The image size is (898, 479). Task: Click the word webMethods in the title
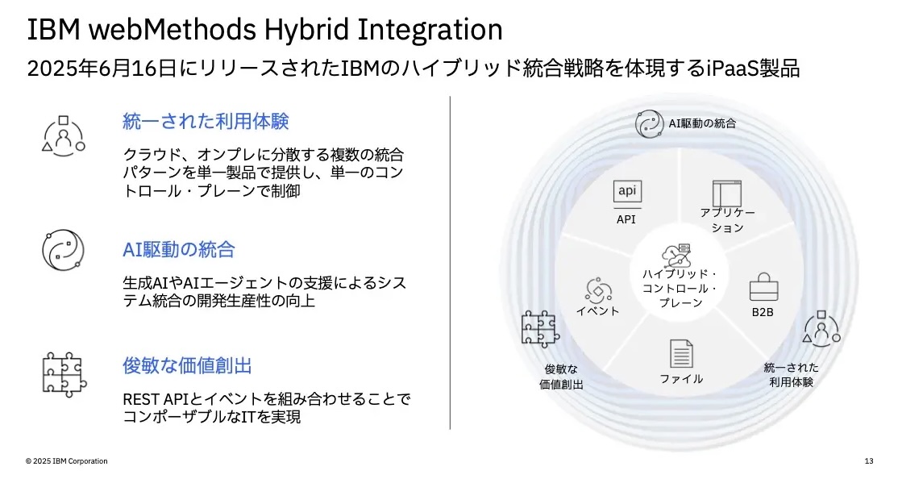coord(172,29)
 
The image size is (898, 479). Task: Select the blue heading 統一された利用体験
coord(206,122)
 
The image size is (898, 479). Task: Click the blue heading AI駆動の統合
coord(179,250)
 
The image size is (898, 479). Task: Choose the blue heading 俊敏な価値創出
coord(187,365)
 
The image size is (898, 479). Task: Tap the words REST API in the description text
coord(153,399)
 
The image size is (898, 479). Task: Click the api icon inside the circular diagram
coord(627,191)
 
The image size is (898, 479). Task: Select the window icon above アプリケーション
coord(727,193)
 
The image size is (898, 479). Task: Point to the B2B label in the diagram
coord(763,312)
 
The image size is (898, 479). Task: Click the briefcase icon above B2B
coord(763,286)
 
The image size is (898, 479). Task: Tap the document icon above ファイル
coord(681,353)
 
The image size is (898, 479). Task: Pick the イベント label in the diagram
coord(597,311)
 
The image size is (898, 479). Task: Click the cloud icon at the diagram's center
coord(676,255)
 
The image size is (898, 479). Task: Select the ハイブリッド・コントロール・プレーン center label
coord(680,288)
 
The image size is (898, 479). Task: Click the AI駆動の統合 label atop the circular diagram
coord(702,123)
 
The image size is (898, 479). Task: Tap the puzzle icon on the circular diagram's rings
coord(540,330)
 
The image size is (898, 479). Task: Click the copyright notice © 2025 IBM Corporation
coord(66,461)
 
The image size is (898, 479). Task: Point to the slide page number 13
coord(869,461)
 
